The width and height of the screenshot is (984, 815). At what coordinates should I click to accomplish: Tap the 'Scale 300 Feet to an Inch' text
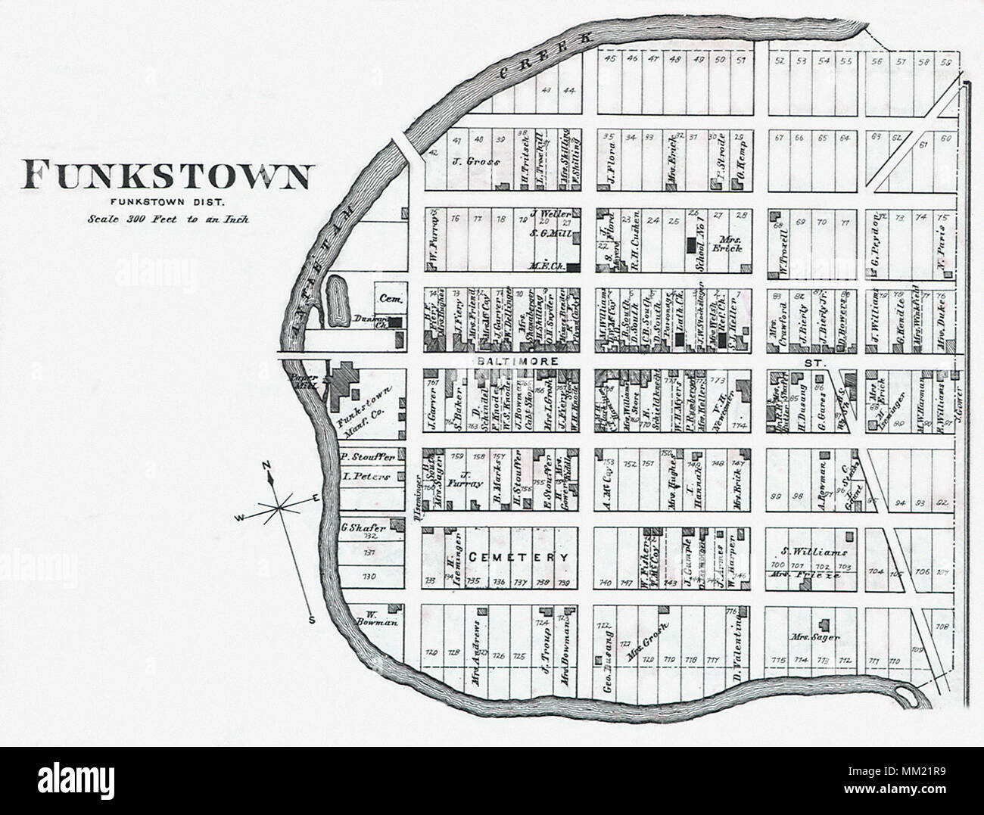point(167,219)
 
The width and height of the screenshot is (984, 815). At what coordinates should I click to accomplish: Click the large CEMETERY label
point(518,557)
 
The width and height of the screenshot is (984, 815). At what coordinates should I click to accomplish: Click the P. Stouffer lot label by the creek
point(364,457)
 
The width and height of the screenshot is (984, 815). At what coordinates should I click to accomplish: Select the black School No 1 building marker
point(690,244)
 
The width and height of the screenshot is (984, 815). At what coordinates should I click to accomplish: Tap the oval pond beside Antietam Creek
point(336,298)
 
